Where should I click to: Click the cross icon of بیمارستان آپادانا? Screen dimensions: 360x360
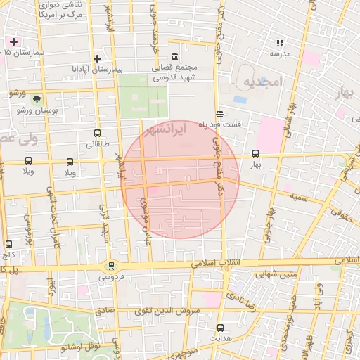coord(97,58)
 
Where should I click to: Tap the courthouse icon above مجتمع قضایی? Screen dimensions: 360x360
coord(174,57)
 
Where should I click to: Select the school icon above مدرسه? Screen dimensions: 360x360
coord(280,43)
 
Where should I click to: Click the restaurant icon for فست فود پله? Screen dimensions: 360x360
coord(220,113)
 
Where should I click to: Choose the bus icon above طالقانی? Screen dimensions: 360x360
coord(96,133)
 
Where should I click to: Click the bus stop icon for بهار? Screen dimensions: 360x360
coord(255,153)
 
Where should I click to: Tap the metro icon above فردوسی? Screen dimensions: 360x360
coord(110,266)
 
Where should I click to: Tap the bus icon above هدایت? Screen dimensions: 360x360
coord(220,327)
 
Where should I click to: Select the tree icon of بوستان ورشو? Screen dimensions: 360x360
coord(37,99)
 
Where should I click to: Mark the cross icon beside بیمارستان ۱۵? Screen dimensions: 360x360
coord(13,41)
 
